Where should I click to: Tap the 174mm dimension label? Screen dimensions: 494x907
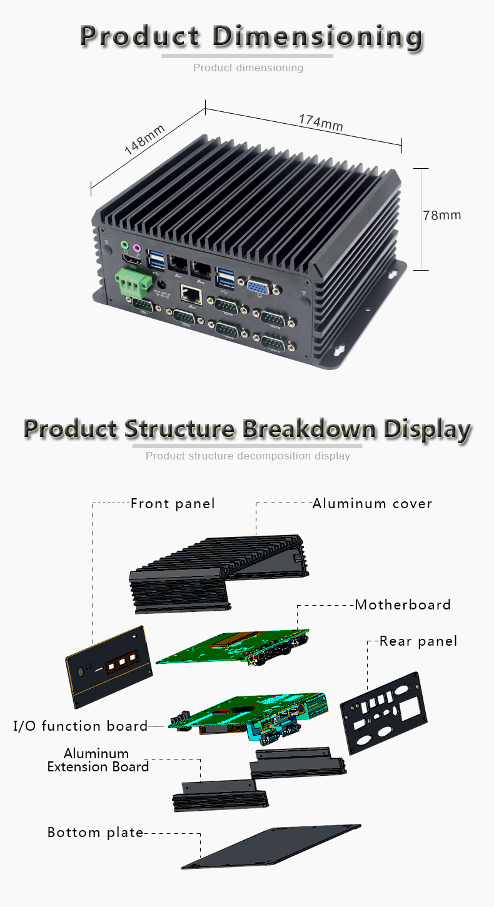[x=320, y=122]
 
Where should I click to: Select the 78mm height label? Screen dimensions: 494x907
[x=441, y=215]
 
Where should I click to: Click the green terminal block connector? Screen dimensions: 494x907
[x=133, y=281]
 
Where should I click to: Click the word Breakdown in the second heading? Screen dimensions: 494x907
[x=309, y=429]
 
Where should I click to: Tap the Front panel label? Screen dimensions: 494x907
[x=173, y=503]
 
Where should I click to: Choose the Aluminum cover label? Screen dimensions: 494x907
[x=372, y=503]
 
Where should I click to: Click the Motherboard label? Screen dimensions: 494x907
[x=403, y=604]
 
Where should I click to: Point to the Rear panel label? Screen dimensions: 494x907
[x=418, y=641]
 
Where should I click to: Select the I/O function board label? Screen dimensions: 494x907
[x=81, y=726]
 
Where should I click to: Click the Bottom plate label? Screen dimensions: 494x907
[x=95, y=832]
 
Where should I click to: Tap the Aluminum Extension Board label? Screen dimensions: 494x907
[x=98, y=760]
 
